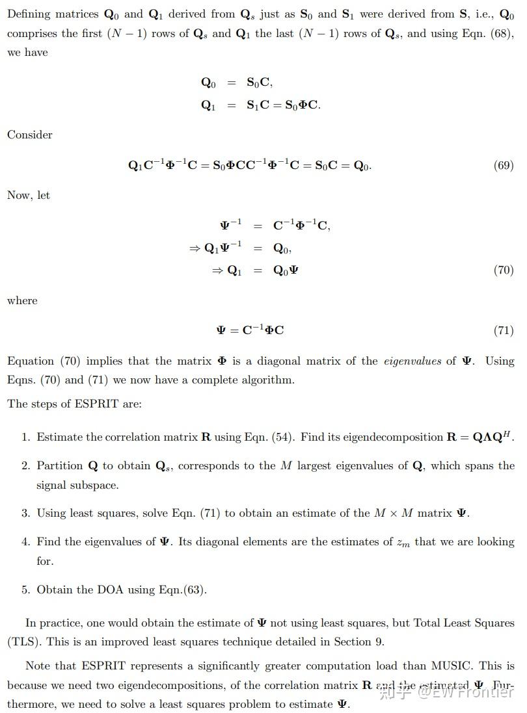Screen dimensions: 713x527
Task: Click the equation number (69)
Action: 504,165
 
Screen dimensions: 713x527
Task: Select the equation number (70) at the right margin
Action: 504,270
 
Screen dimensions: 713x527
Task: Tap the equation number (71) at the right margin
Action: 504,330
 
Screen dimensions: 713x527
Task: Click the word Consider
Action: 29,135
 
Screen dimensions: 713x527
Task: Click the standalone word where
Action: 22,300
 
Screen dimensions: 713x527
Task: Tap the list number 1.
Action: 25,437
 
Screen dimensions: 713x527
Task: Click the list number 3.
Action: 25,513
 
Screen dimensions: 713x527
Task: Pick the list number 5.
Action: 25,590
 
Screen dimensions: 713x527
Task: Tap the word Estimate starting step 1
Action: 60,437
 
